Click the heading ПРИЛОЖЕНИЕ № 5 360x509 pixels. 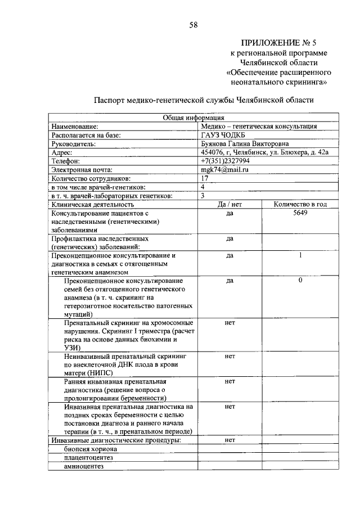tap(278, 42)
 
